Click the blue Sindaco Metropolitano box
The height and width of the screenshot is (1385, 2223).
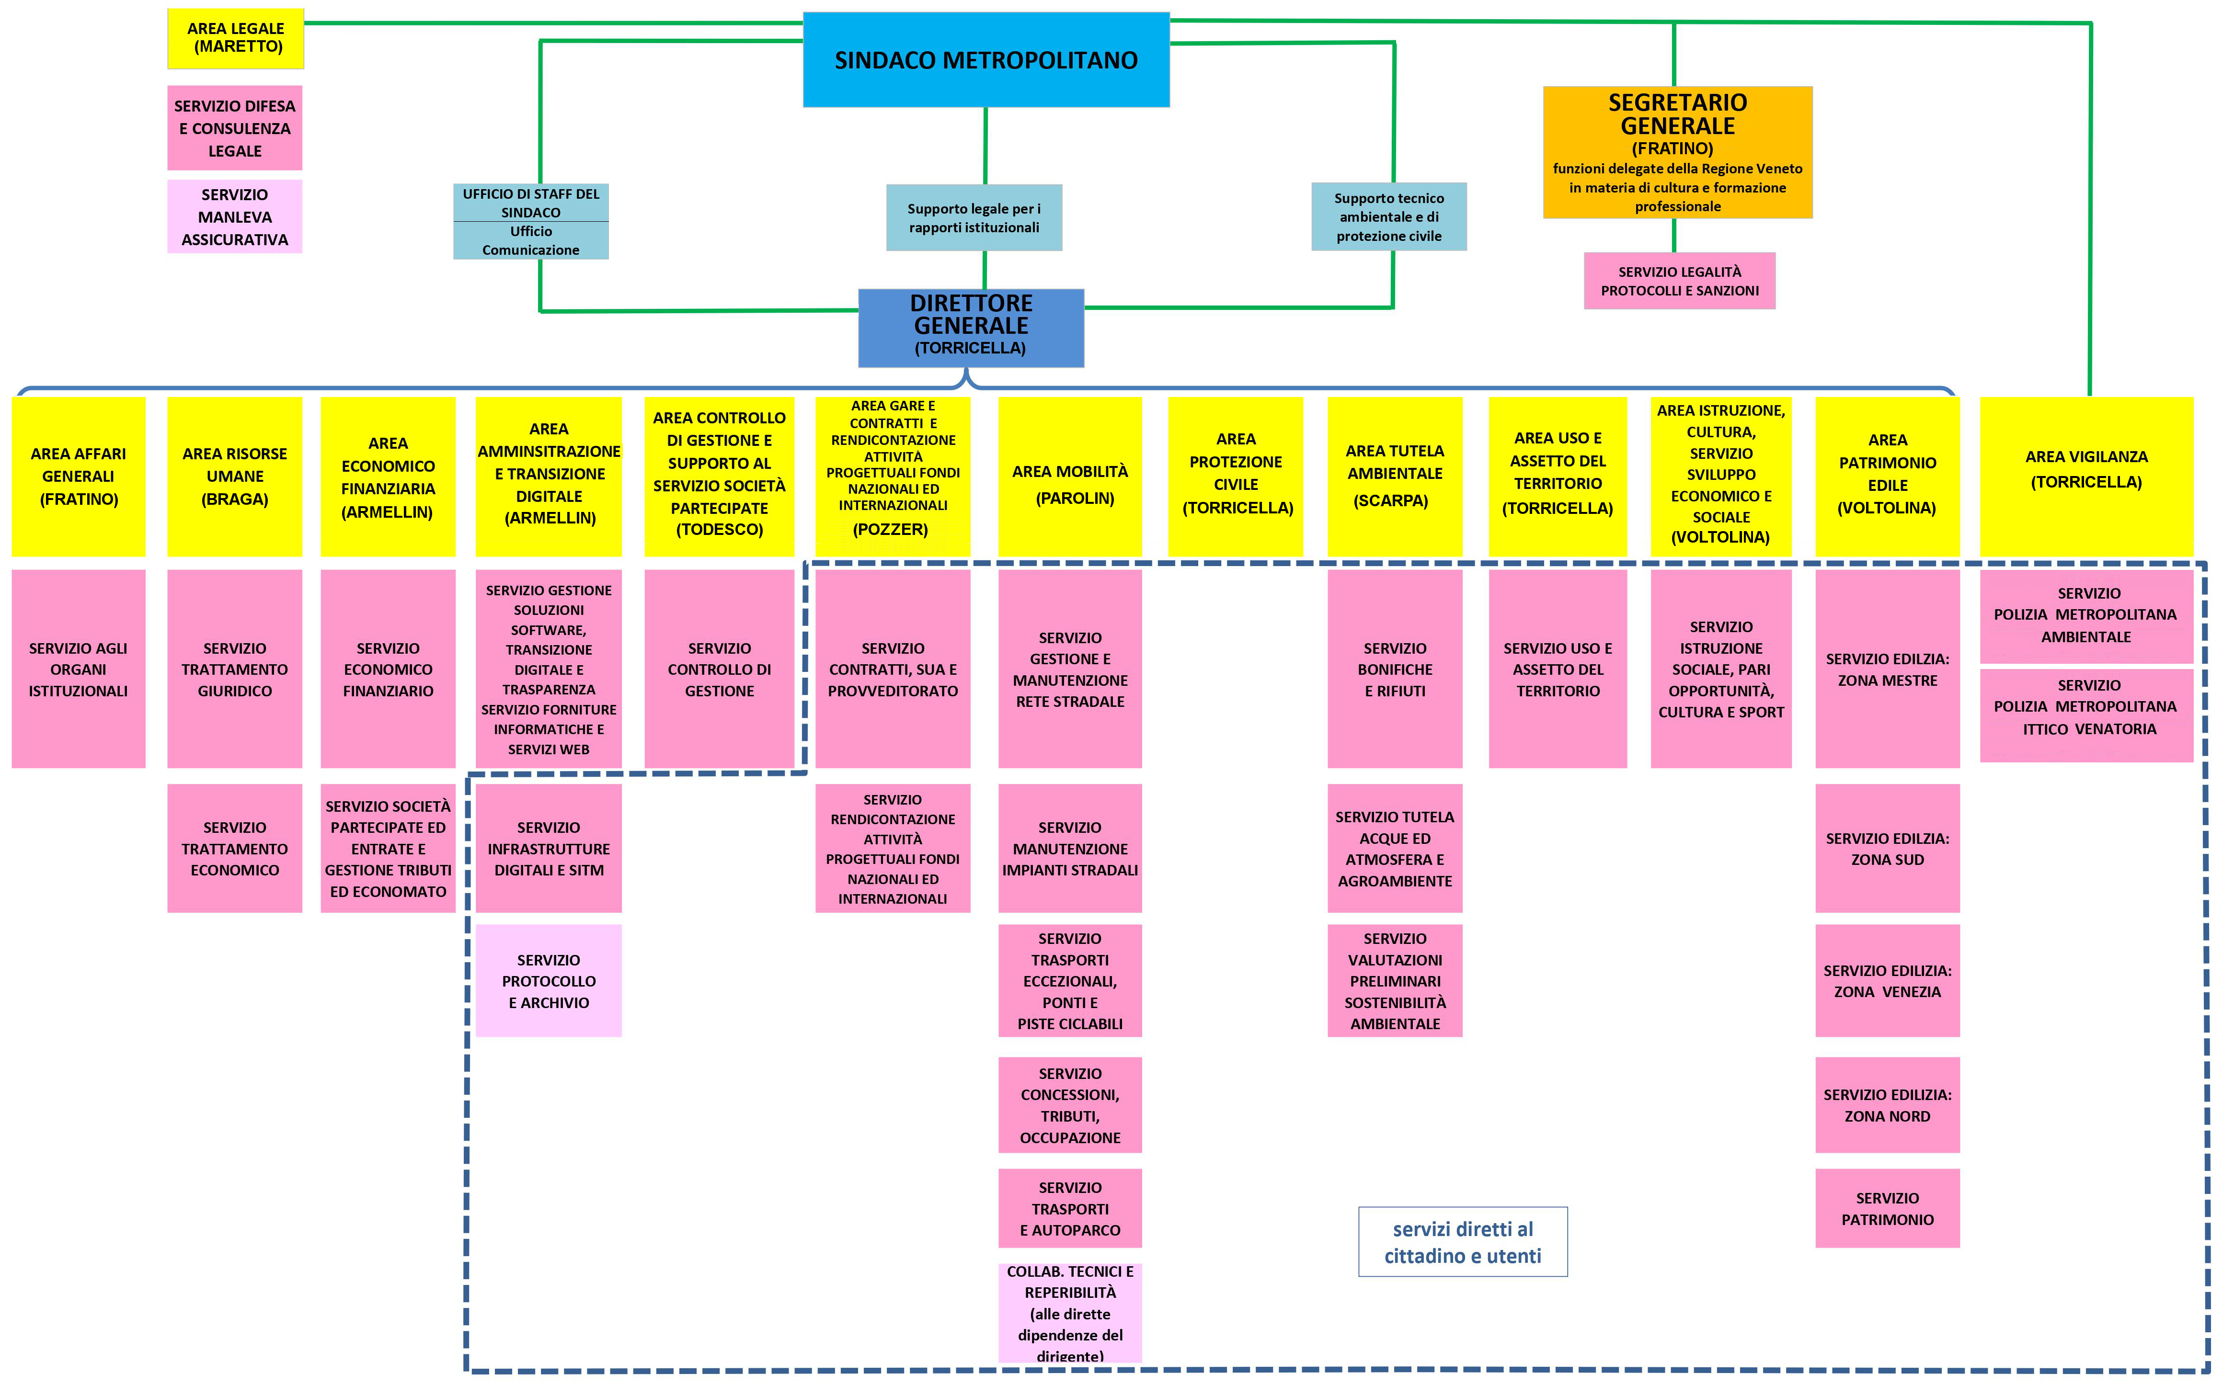[986, 60]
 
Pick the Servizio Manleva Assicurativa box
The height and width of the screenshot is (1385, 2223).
[235, 217]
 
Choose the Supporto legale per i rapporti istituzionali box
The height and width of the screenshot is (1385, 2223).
[974, 218]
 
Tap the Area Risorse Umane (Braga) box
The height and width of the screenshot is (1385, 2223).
[235, 477]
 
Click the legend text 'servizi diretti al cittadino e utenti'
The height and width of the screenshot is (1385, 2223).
[1463, 1242]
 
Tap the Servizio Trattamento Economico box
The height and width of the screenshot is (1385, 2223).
[235, 848]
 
